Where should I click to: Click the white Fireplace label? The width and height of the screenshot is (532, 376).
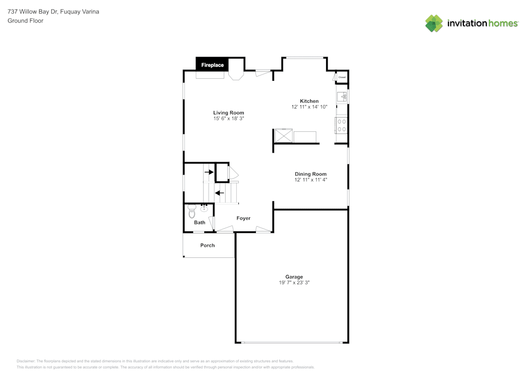click(x=212, y=65)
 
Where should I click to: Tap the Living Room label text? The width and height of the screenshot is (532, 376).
click(x=229, y=113)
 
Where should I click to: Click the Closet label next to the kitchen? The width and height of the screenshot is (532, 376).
click(x=342, y=78)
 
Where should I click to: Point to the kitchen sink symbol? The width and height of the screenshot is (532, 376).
click(x=342, y=96)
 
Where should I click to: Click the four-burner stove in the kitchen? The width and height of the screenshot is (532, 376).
click(x=342, y=126)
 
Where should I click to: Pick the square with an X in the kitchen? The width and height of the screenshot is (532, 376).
click(x=284, y=136)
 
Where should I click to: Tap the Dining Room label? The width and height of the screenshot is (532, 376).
click(x=311, y=174)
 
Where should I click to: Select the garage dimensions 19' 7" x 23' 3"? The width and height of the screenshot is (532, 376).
click(x=294, y=283)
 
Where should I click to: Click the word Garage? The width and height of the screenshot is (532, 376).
click(x=294, y=277)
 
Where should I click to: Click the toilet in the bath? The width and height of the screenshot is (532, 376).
click(x=192, y=213)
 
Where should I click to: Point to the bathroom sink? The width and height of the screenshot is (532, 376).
click(x=204, y=208)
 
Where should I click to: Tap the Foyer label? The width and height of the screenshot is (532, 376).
click(x=243, y=218)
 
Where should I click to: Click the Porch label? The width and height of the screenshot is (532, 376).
click(x=207, y=245)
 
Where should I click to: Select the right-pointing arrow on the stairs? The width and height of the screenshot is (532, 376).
click(x=210, y=172)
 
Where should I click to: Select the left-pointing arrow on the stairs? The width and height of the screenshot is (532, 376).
click(x=219, y=193)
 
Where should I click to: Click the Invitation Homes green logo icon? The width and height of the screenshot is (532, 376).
click(x=434, y=23)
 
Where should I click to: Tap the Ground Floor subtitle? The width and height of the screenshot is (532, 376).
click(x=26, y=21)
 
